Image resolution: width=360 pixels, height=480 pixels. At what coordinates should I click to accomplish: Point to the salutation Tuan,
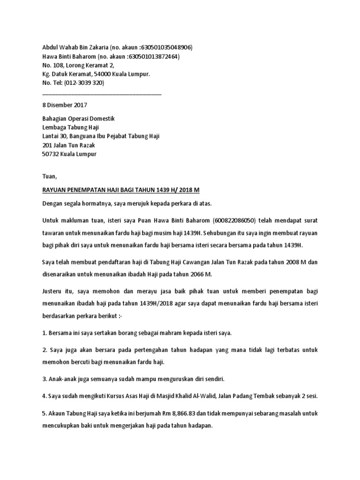point(49,177)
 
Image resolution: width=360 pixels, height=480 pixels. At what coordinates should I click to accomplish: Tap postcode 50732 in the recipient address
point(51,154)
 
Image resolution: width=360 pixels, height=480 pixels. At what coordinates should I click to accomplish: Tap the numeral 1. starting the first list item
point(44,333)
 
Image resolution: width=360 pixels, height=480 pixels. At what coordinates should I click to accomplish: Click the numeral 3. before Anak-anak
point(44,379)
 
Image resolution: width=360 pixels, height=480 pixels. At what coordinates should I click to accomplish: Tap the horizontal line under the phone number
point(102,94)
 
